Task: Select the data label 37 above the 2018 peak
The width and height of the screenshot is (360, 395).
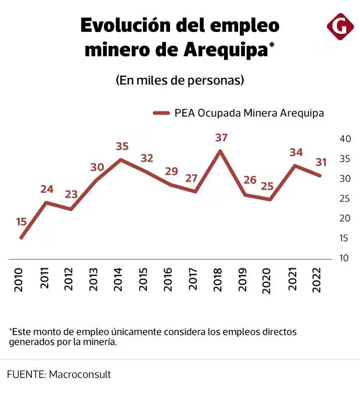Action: click(x=221, y=138)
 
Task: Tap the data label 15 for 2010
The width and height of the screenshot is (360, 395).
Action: click(x=21, y=221)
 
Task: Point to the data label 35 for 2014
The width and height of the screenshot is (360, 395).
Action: click(x=122, y=146)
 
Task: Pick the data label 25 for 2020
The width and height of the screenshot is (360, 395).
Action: click(x=268, y=186)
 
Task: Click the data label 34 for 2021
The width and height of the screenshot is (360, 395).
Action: click(x=296, y=152)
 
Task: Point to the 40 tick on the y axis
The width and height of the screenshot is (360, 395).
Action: click(x=344, y=139)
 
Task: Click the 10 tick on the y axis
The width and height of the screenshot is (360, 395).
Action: click(x=344, y=258)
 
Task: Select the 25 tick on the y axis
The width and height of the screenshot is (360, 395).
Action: click(x=344, y=199)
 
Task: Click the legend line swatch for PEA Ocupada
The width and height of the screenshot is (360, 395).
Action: click(x=160, y=113)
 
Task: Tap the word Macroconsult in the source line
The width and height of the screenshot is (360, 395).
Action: click(x=80, y=375)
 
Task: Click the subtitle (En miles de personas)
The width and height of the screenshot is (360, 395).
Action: click(x=179, y=80)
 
